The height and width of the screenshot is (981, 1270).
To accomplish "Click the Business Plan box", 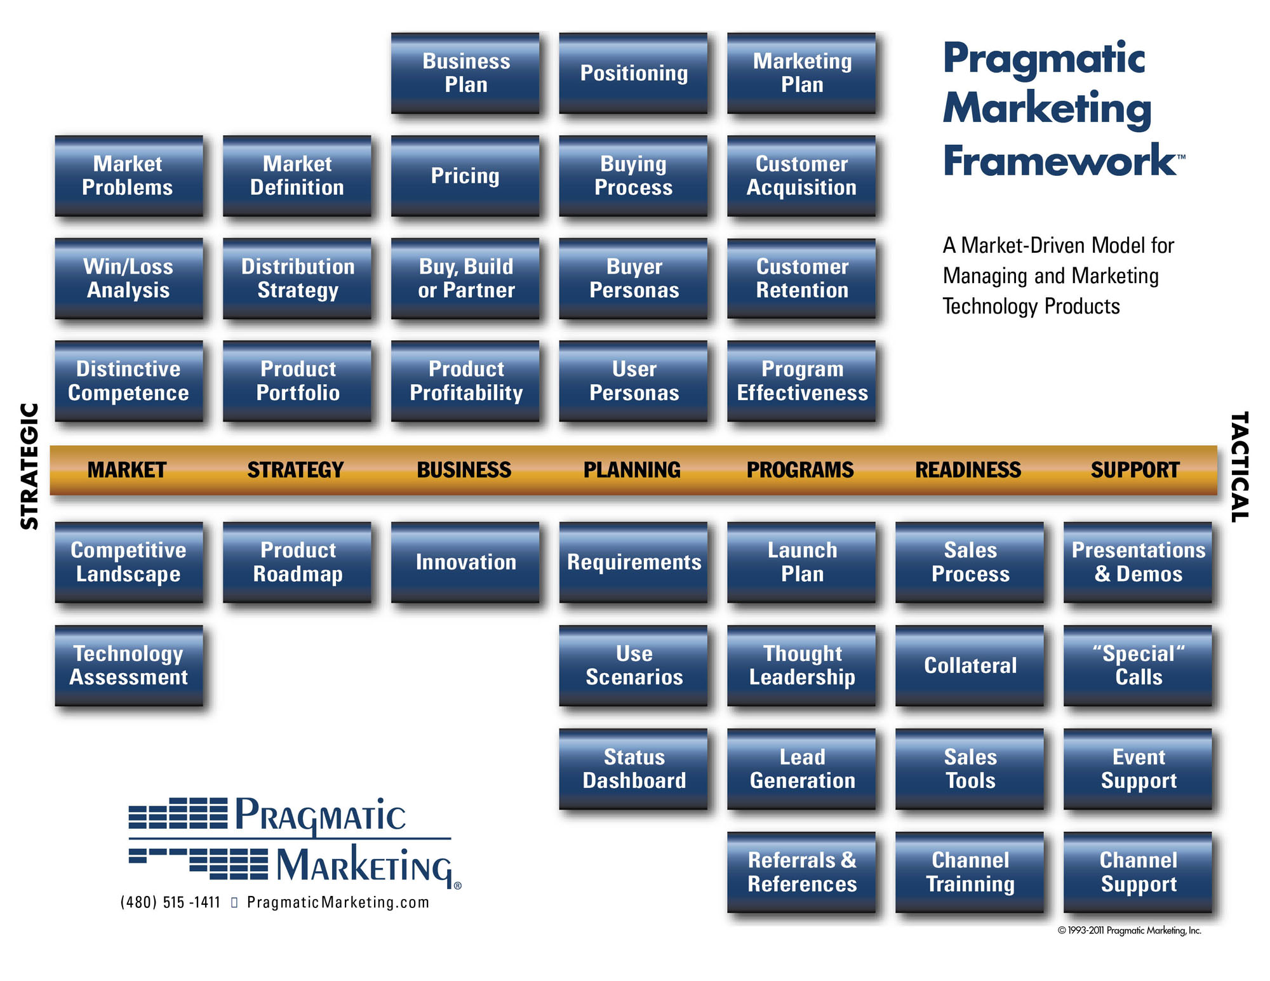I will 465,73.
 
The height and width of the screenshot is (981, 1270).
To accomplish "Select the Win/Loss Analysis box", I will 129,278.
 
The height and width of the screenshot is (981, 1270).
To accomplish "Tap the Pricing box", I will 465,176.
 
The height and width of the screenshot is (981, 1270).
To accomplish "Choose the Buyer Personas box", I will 634,278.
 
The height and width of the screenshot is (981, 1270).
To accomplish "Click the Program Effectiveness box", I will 801,381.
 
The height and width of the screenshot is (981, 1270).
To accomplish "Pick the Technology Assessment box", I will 129,665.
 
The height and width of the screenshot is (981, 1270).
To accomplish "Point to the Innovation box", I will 465,562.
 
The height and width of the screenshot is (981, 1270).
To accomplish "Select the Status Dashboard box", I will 634,768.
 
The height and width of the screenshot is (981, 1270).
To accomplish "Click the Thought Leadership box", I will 801,665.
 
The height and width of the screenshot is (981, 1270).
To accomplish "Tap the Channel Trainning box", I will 970,872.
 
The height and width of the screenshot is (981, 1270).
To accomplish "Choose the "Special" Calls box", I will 1138,665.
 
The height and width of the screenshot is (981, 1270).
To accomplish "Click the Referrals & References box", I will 801,872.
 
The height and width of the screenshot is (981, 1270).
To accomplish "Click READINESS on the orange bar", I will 968,470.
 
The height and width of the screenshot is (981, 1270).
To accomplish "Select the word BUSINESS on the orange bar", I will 464,470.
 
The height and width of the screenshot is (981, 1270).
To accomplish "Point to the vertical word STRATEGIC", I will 30,466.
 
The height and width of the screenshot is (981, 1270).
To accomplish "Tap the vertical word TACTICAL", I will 1240,467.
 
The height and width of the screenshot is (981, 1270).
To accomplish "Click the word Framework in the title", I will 1059,161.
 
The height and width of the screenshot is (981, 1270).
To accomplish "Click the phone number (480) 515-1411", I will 170,902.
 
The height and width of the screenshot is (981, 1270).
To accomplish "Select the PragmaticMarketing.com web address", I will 338,902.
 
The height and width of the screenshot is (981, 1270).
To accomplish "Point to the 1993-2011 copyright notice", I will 1129,930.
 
